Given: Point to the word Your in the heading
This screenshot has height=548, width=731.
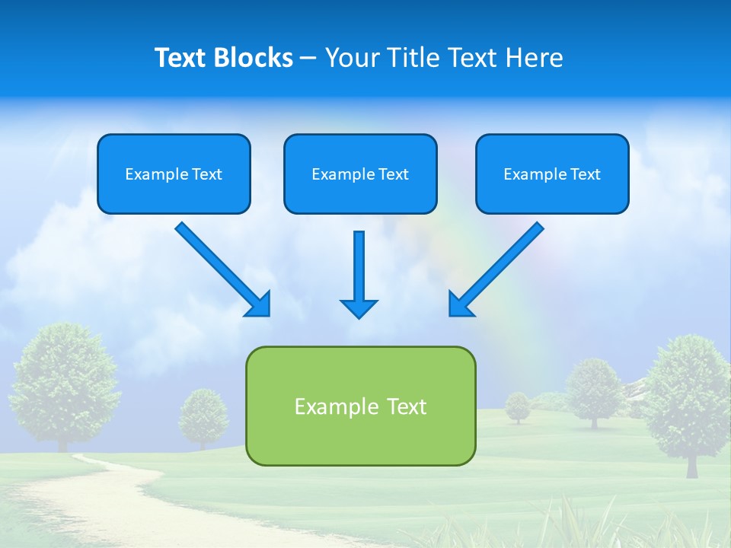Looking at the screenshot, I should [x=353, y=58].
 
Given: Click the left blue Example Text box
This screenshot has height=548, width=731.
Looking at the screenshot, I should [x=174, y=174].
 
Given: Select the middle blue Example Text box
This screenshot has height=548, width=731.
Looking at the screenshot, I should [x=360, y=174].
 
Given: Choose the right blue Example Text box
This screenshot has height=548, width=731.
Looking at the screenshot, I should [x=552, y=174].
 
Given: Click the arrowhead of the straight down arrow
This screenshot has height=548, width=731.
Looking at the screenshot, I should [x=359, y=307].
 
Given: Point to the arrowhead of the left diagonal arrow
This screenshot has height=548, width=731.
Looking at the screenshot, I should [x=260, y=305].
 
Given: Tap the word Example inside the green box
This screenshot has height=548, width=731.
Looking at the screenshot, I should [x=326, y=406].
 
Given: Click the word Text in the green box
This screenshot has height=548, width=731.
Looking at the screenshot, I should [x=407, y=406].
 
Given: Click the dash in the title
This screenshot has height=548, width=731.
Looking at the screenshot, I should [x=308, y=59].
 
